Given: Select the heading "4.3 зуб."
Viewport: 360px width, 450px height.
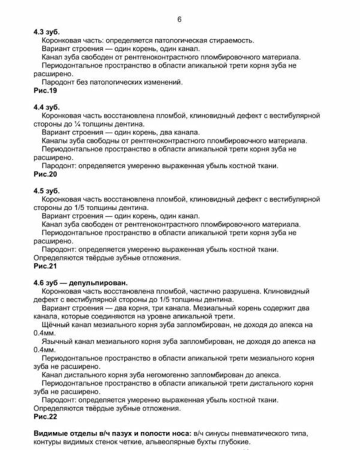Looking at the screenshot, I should click(x=47, y=32).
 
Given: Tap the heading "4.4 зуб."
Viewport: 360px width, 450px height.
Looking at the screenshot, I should click(x=47, y=106).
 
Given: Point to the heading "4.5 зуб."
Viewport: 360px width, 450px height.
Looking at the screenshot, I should click(x=47, y=190).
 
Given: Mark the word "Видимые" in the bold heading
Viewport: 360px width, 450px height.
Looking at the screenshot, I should click(x=52, y=433).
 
